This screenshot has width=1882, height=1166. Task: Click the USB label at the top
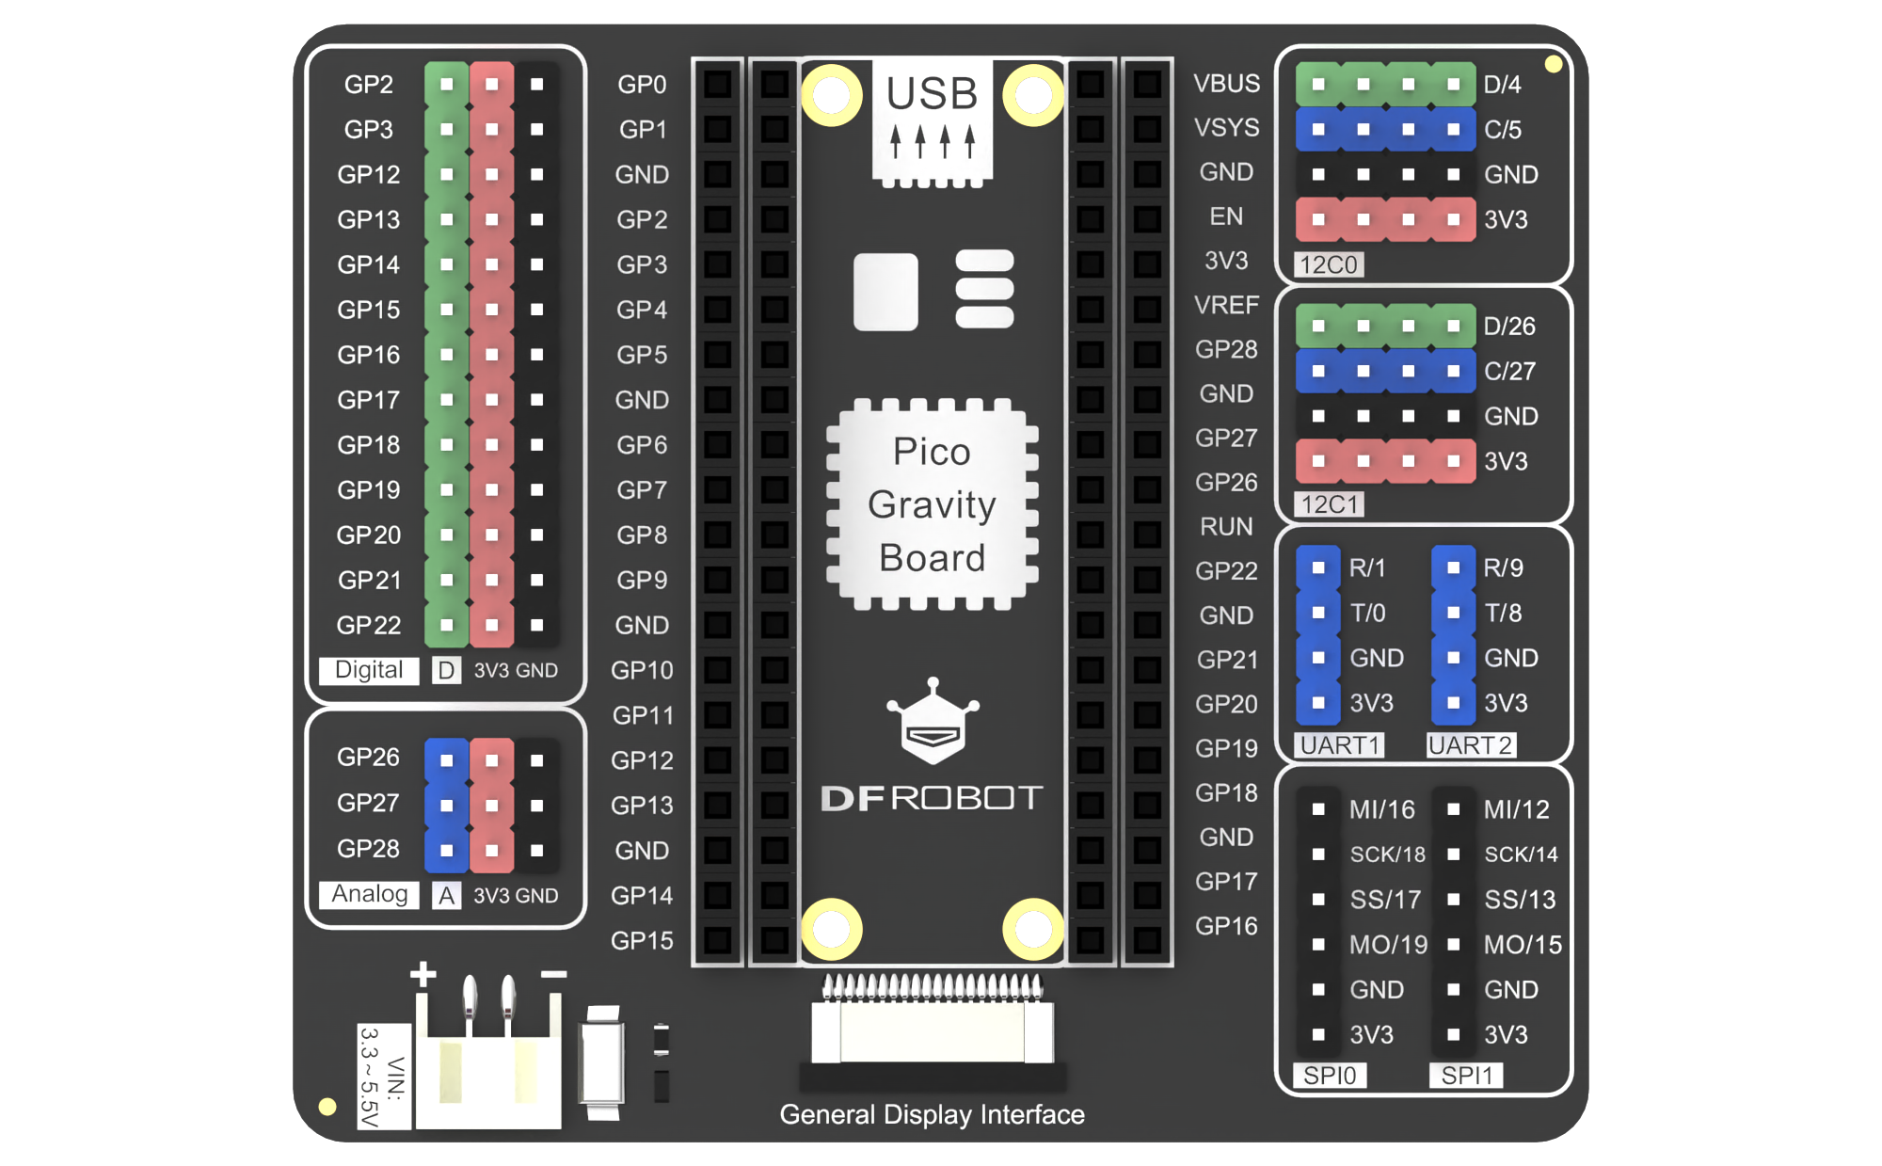coord(932,94)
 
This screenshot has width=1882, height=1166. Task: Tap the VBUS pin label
coord(1226,84)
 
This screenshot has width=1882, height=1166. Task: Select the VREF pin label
coord(1226,305)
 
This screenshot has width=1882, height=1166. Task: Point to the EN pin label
coord(1226,216)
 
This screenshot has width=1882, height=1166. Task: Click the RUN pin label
coord(1226,527)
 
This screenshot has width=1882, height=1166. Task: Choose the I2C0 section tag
coord(1329,264)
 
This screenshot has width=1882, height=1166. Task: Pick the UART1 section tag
coord(1340,745)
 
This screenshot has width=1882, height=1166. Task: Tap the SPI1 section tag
coord(1466,1076)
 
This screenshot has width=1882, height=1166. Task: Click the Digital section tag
coord(368,670)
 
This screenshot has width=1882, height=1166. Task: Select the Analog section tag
coord(369,894)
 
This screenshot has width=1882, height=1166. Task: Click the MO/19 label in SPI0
coord(1388,945)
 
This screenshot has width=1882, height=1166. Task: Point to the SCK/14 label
coord(1521,855)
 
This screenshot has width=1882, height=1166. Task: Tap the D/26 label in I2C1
coord(1509,327)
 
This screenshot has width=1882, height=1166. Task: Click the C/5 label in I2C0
coord(1503,130)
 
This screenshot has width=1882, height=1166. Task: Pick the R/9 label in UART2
coord(1503,568)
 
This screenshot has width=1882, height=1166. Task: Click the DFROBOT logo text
coord(932,798)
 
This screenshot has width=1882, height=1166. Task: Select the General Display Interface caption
coord(932,1115)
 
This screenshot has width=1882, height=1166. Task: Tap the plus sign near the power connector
coord(423,974)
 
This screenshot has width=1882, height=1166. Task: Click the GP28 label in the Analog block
coord(368,849)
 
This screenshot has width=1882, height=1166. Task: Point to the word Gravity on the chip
coord(932,505)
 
